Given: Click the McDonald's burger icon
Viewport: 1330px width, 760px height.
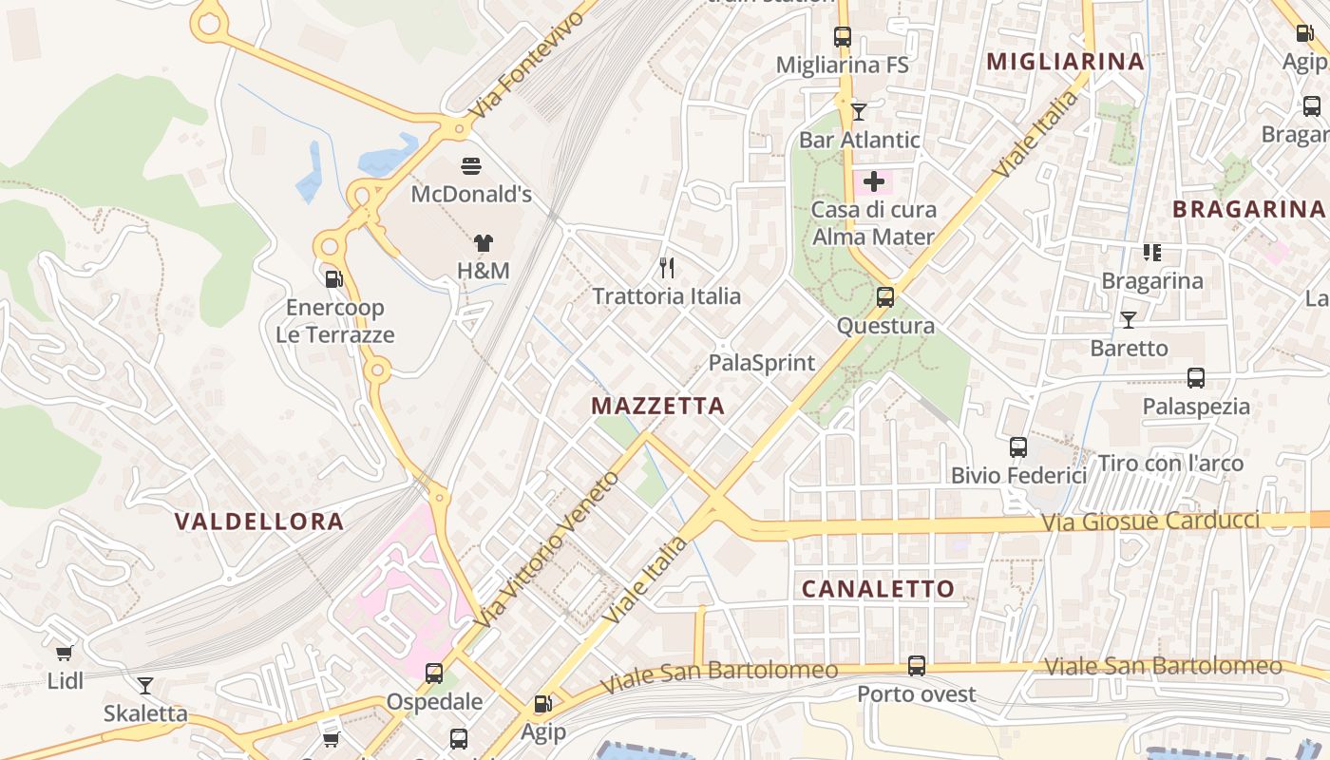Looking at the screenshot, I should [471, 166].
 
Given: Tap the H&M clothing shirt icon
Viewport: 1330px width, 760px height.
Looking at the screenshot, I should [484, 243].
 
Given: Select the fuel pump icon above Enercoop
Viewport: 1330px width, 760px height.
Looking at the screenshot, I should [334, 279].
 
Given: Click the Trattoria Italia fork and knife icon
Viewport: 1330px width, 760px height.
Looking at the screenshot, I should [666, 268].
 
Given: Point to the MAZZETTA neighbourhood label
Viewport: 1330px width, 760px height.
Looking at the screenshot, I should [657, 407].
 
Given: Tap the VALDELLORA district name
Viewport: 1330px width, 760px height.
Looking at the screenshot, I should [259, 522].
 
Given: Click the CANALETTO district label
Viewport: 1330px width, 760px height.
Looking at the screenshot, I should [878, 589].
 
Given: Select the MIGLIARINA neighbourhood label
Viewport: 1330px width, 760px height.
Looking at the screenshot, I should [1065, 62].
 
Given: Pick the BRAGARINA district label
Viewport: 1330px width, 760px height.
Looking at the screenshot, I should [1247, 209].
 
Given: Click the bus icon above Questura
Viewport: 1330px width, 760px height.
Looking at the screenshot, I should [885, 297].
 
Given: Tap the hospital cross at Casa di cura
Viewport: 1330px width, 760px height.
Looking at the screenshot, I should [874, 181].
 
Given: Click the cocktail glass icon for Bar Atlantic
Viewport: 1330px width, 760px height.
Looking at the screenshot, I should [859, 112].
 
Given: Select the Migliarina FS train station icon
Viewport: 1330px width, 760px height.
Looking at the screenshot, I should [843, 37].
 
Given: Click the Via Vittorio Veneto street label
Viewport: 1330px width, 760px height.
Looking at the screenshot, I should [548, 548].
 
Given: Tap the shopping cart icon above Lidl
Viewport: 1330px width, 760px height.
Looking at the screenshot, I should [65, 653].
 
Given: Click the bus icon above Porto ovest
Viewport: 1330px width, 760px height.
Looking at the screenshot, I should [917, 666].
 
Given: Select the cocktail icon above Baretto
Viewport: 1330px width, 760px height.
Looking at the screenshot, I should [1129, 320].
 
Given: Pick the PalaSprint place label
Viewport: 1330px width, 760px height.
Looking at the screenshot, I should [762, 363].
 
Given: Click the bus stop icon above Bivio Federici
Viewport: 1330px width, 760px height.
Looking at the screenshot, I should [1018, 446].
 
